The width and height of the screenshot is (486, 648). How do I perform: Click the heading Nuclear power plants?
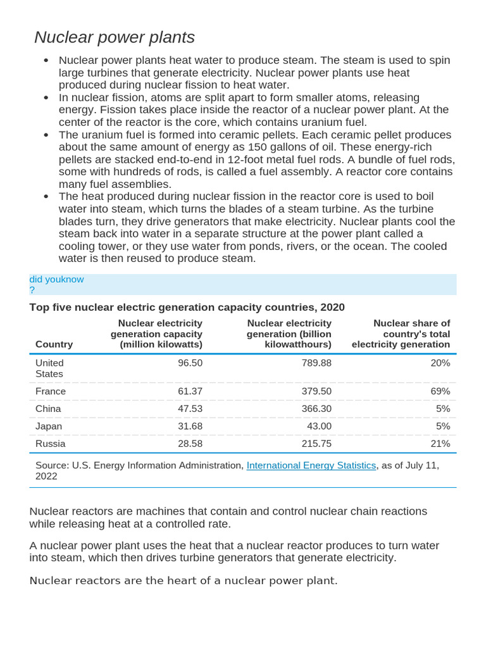tap(115, 37)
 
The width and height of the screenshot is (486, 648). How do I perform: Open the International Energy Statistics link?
tap(311, 465)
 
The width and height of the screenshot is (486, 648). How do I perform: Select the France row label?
tap(51, 391)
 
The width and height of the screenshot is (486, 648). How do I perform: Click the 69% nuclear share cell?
tap(440, 391)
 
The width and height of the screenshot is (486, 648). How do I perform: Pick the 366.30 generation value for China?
tap(316, 409)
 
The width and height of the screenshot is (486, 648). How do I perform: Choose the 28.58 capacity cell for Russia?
tap(190, 444)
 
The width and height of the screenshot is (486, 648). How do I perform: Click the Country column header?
tap(54, 344)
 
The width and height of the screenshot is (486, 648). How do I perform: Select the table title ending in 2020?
tap(187, 307)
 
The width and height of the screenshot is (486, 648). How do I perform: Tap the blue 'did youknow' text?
tap(56, 279)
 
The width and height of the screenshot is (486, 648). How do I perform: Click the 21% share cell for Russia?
tap(440, 444)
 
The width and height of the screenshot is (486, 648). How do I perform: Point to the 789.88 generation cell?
tap(316, 363)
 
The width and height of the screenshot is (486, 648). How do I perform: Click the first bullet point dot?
tap(46, 61)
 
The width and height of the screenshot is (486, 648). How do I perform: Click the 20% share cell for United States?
tap(440, 363)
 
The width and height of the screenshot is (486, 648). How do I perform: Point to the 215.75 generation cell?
tap(316, 444)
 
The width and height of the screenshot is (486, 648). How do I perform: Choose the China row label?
tap(49, 409)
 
